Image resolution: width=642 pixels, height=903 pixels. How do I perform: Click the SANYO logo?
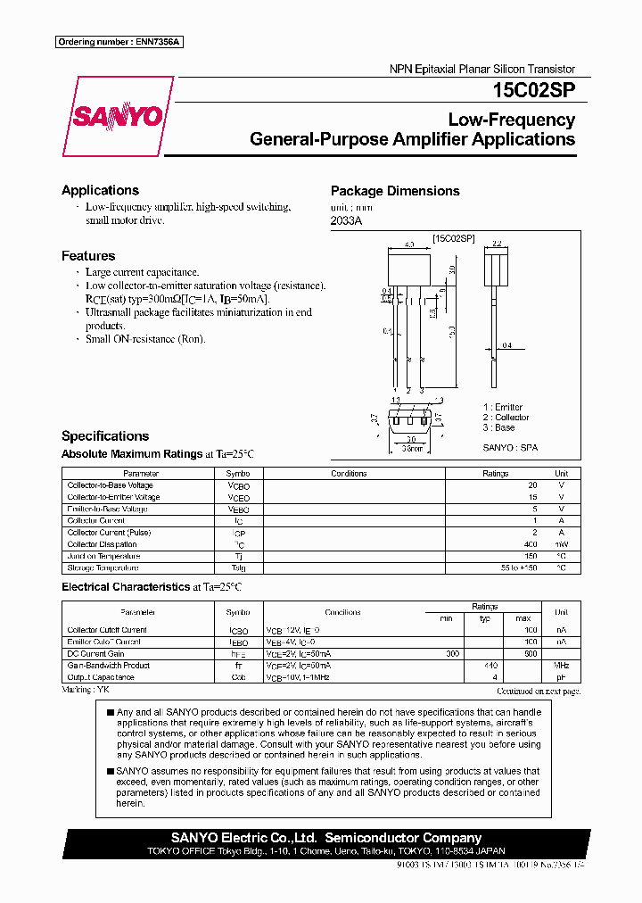click(x=117, y=117)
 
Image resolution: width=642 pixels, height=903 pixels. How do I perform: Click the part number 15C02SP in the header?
click(x=533, y=90)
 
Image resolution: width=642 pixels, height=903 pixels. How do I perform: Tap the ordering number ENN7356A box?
click(x=119, y=43)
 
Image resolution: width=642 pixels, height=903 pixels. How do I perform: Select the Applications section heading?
click(x=100, y=190)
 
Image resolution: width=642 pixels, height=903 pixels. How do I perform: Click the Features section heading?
click(x=88, y=256)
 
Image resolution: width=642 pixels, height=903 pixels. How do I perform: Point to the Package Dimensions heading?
click(x=395, y=191)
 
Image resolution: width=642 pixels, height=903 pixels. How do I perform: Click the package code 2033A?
click(x=346, y=220)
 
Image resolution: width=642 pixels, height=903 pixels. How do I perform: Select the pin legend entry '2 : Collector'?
click(x=506, y=418)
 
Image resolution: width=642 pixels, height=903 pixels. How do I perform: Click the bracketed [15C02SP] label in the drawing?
click(x=453, y=239)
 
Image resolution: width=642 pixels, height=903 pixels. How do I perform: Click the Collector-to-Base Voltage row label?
click(x=111, y=485)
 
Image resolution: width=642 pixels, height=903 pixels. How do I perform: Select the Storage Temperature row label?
click(x=103, y=567)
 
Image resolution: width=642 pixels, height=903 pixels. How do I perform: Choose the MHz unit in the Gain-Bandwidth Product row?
click(x=561, y=665)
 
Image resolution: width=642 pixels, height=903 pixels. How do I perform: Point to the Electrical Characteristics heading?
click(x=124, y=587)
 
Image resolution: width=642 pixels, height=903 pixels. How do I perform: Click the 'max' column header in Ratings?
click(x=523, y=618)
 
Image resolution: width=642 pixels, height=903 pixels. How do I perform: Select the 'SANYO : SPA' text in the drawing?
click(x=510, y=448)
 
